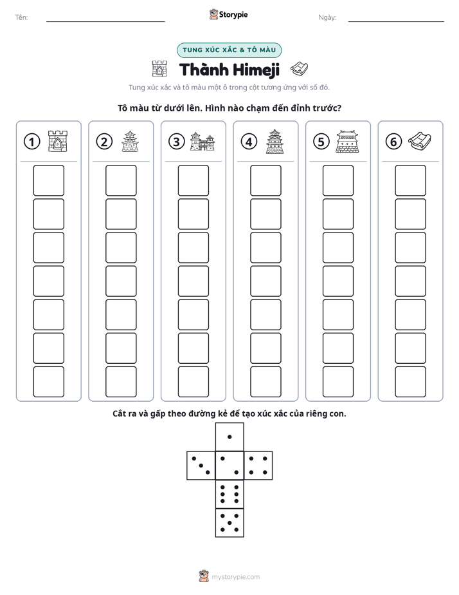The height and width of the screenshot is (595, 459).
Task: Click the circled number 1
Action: click(32, 142)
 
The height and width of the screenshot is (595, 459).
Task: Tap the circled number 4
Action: click(249, 142)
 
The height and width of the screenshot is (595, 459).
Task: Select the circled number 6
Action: click(393, 142)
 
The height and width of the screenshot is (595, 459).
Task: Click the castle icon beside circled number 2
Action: click(130, 142)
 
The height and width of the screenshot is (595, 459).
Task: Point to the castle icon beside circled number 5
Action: click(347, 142)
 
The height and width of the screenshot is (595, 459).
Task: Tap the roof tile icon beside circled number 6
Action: click(420, 141)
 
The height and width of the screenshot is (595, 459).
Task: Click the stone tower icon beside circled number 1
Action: click(58, 142)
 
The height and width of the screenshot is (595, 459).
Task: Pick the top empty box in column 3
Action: click(194, 180)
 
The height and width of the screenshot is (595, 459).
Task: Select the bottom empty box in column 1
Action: click(49, 382)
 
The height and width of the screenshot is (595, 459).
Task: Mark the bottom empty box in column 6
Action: click(411, 382)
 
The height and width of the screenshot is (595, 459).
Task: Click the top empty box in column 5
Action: click(338, 180)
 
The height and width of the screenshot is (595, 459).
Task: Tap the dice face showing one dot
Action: click(230, 437)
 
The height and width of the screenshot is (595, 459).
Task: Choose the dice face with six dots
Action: click(230, 494)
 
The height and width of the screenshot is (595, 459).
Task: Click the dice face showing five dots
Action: click(230, 523)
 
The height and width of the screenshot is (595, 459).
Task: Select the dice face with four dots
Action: click(258, 466)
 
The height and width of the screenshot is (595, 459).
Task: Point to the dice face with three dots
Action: click(201, 466)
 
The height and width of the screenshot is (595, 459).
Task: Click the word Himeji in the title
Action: click(256, 70)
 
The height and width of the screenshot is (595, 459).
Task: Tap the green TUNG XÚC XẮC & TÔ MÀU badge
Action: click(230, 50)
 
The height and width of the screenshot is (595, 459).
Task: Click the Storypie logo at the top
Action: click(229, 15)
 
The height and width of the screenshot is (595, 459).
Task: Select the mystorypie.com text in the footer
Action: click(235, 577)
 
